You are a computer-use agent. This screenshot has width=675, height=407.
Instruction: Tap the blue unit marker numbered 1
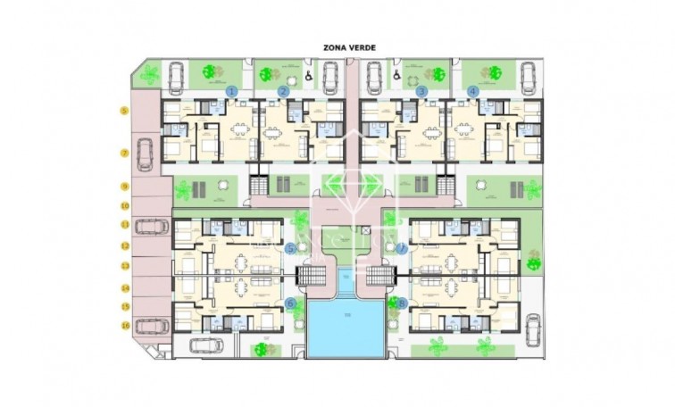(x=231, y=91)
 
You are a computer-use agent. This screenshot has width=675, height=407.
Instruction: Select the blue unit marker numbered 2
(x=283, y=91)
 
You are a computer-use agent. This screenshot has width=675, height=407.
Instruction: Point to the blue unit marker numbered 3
(x=421, y=91)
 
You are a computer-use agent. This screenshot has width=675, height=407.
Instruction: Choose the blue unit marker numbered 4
(x=472, y=91)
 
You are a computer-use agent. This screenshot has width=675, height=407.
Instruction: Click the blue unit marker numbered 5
(x=290, y=248)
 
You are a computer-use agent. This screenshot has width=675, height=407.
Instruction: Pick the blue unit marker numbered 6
(x=290, y=303)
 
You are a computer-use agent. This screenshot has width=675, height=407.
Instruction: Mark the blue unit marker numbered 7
(x=402, y=248)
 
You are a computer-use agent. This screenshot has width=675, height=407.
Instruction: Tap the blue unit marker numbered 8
(x=402, y=303)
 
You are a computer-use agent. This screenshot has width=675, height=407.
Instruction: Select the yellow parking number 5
(x=124, y=111)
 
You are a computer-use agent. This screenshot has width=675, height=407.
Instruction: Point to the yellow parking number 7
(x=124, y=153)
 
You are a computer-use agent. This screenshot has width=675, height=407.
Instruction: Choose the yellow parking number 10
(x=124, y=205)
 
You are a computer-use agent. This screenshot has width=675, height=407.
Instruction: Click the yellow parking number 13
(x=124, y=266)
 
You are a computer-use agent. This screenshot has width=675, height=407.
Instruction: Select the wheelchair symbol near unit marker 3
(x=396, y=77)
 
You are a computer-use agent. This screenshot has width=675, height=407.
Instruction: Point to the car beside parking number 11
(x=154, y=227)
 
